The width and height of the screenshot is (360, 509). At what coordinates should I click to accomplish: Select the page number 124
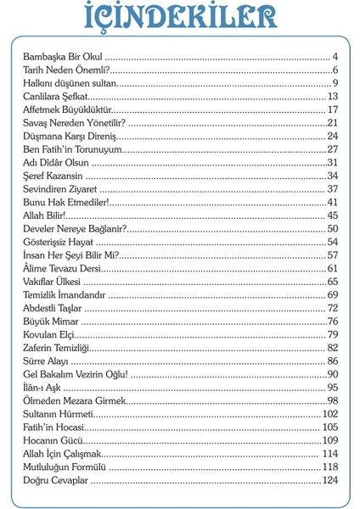pyautogui.click(x=330, y=481)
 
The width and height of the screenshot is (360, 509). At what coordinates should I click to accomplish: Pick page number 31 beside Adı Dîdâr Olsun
pyautogui.click(x=333, y=162)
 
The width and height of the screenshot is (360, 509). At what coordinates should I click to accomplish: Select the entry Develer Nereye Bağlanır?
pyautogui.click(x=75, y=228)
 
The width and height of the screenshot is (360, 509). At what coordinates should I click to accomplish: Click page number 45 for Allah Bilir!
pyautogui.click(x=333, y=215)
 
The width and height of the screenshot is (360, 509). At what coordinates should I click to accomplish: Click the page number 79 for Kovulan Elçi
pyautogui.click(x=333, y=335)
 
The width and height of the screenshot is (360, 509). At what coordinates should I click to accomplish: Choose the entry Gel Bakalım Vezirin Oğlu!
pyautogui.click(x=76, y=374)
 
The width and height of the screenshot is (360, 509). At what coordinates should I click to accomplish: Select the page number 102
pyautogui.click(x=330, y=415)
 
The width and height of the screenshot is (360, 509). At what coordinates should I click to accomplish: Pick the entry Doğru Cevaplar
pyautogui.click(x=56, y=481)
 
